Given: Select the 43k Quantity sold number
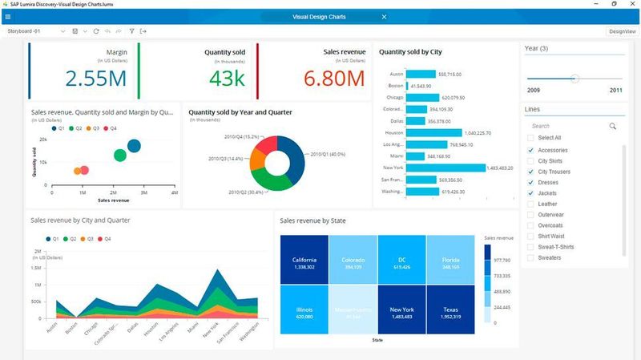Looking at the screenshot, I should pos(227,79).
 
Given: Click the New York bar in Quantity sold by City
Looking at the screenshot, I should pos(445,168).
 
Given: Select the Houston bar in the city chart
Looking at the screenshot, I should pos(434,132).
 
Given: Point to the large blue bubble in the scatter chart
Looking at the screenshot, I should pos(134,145).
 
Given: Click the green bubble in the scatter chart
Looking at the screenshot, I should pos(119,156).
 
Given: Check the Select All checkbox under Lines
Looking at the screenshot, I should pos(530,138).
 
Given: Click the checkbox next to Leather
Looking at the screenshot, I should pos(530,204).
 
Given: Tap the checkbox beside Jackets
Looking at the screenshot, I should pos(530,193).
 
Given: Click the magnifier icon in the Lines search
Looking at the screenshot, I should pos(613,126).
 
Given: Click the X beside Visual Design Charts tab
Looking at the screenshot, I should pos(384,17).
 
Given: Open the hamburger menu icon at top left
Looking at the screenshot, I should pos(8,17).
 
